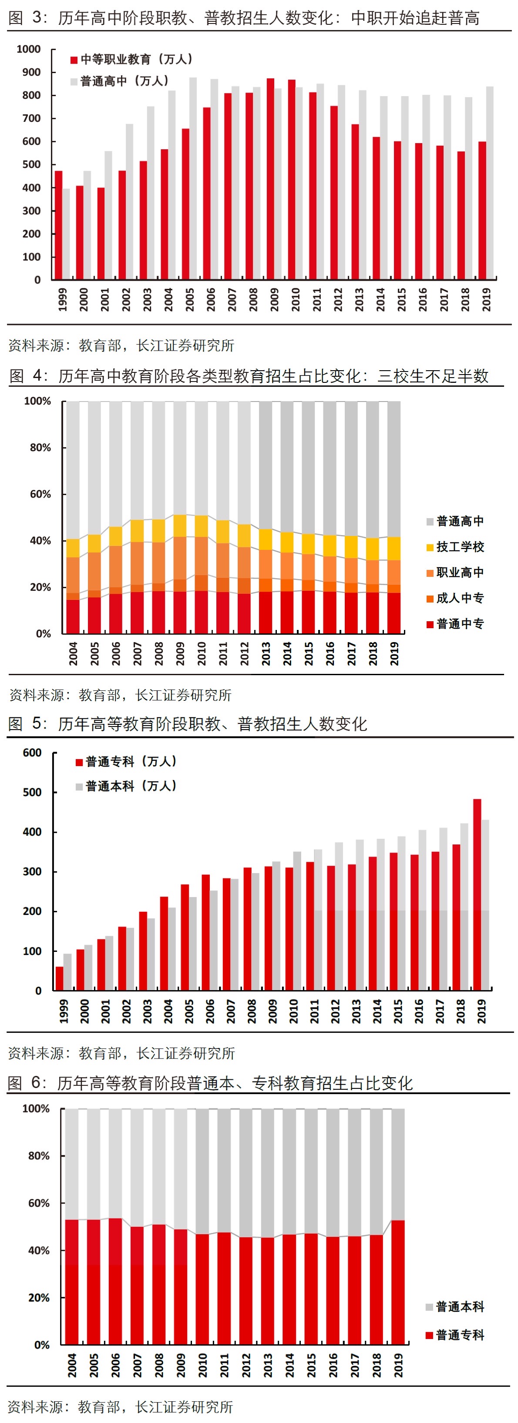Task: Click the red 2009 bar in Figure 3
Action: [270, 180]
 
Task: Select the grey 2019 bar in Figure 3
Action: [490, 182]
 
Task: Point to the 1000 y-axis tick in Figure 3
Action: [29, 50]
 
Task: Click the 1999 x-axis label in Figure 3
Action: [63, 299]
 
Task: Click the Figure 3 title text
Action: [243, 18]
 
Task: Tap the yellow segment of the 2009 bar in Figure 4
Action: [180, 526]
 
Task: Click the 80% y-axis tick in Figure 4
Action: [40, 448]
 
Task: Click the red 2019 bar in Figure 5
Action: [477, 894]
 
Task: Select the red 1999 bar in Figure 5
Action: [60, 978]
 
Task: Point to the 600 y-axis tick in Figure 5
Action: [32, 753]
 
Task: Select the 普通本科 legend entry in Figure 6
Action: [459, 1307]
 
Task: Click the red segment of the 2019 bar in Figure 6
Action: [398, 1282]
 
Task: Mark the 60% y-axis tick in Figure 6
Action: [39, 1203]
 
